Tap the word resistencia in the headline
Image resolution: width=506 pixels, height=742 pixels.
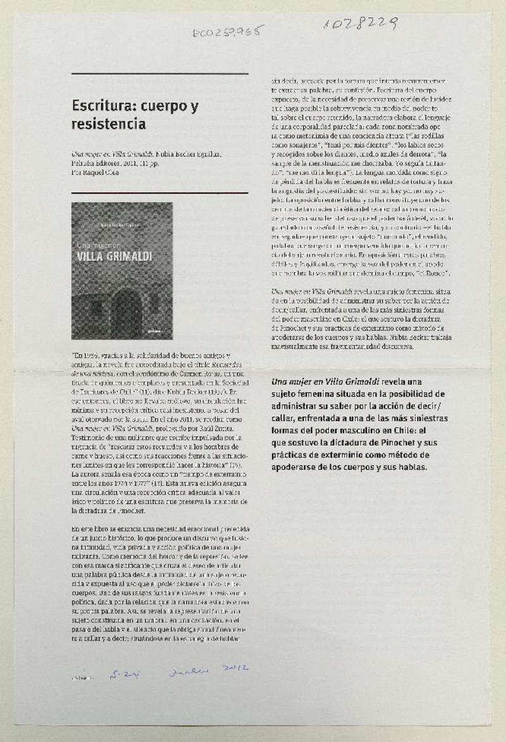tap(109, 124)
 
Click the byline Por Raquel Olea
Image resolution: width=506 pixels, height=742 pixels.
tap(94, 172)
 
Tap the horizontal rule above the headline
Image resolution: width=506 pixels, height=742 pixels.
tap(159, 74)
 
